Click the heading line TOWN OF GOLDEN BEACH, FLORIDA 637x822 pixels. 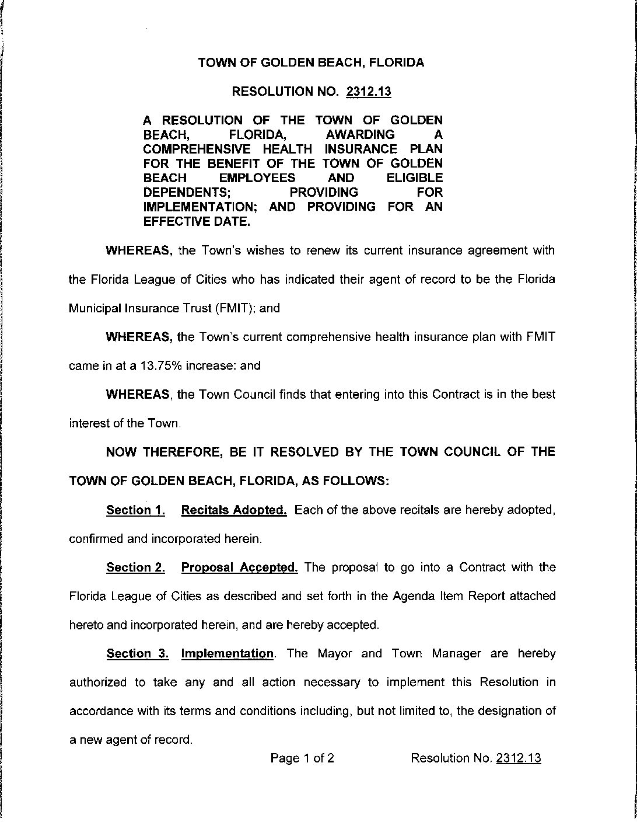point(311,62)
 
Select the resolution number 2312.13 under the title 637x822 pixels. point(368,92)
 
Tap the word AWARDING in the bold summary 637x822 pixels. point(360,135)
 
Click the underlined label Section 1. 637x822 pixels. point(135,510)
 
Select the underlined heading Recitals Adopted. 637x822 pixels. point(234,510)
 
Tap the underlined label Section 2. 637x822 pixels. point(135,567)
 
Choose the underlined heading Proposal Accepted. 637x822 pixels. point(240,567)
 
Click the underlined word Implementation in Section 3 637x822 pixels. point(228,653)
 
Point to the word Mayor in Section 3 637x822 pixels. point(335,653)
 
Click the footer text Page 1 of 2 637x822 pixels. point(302,758)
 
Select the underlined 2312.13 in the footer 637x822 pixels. point(518,758)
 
